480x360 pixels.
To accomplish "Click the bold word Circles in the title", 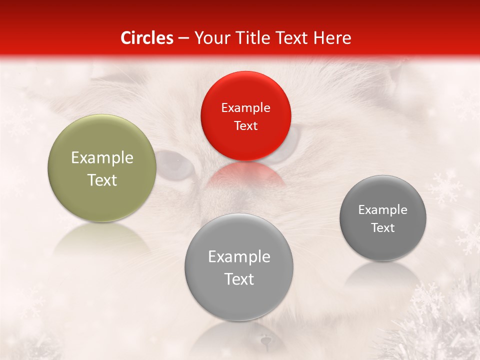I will (x=147, y=38).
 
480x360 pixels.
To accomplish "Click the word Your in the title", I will (x=210, y=38).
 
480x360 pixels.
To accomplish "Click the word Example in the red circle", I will (x=245, y=108).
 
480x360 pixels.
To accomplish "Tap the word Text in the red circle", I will (x=245, y=125).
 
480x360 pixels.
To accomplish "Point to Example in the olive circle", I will (x=102, y=158).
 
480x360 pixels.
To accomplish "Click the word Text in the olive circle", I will (x=102, y=180).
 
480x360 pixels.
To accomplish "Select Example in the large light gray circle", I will (x=239, y=257).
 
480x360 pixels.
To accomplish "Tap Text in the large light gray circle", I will (x=239, y=279).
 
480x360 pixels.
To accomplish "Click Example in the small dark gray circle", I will (x=383, y=210).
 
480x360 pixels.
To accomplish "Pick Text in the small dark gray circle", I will (x=383, y=228).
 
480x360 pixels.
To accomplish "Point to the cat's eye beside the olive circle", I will (x=175, y=165).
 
